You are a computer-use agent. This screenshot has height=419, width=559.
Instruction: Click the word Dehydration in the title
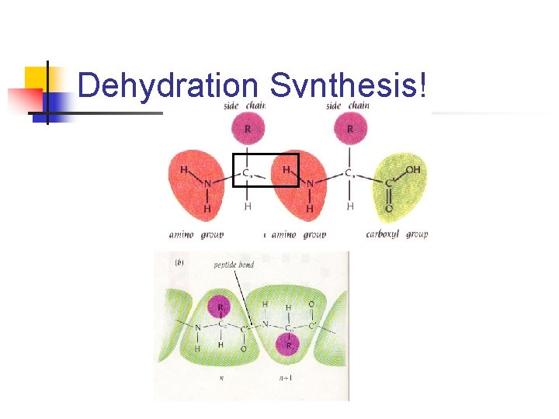point(168,86)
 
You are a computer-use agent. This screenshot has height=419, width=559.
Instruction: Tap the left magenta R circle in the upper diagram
point(248,128)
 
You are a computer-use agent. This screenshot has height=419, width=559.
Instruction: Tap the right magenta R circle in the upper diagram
point(349,128)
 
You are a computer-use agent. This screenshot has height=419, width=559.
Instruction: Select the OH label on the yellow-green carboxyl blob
point(412,170)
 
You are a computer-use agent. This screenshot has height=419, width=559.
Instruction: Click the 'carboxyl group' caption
point(396,234)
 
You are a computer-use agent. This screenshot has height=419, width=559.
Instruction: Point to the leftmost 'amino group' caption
point(196,234)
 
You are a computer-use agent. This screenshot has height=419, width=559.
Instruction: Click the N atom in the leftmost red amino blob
point(207,184)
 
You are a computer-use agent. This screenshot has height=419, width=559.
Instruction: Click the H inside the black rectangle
point(286,169)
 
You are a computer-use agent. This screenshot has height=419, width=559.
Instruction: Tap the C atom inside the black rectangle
point(246,172)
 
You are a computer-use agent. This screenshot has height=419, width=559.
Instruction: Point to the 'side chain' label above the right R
point(348,106)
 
